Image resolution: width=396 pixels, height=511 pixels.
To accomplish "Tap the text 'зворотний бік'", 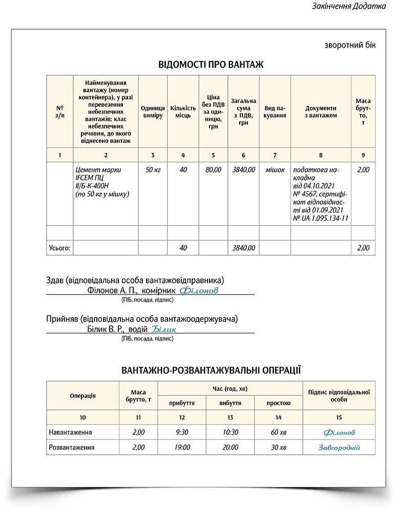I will click(350, 45).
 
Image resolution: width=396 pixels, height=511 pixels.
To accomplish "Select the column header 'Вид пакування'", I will click(275, 112).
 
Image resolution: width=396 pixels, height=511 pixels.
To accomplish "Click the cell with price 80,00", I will click(213, 170).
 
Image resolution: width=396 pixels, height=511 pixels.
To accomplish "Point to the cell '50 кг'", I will click(153, 170).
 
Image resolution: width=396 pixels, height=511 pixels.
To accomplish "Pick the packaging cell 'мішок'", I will click(275, 170).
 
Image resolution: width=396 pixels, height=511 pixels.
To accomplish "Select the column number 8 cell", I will click(321, 155).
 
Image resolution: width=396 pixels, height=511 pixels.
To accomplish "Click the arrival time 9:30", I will click(182, 432).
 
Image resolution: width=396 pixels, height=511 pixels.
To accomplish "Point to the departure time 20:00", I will click(230, 447).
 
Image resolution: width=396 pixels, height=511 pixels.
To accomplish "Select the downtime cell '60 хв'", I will click(279, 432).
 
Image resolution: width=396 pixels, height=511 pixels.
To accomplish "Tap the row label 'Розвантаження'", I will click(71, 447).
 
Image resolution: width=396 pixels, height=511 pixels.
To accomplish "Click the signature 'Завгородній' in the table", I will click(339, 448).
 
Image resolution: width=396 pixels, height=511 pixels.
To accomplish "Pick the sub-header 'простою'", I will click(279, 403).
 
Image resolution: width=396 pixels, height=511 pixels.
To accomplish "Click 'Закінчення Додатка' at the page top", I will click(348, 7).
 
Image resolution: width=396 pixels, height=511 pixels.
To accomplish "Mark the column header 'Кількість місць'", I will click(183, 112).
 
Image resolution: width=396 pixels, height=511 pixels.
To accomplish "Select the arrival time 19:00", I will click(182, 447).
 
